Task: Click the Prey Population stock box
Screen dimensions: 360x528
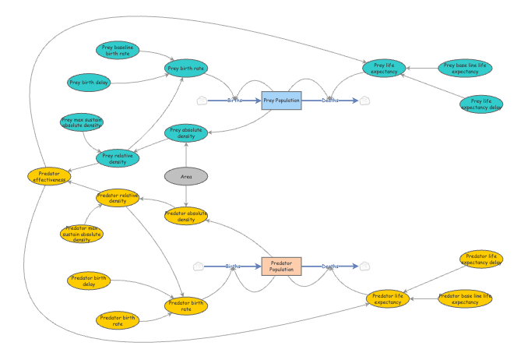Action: click(x=281, y=100)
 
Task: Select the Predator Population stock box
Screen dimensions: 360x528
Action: click(x=281, y=266)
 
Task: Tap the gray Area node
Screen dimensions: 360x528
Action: click(x=186, y=177)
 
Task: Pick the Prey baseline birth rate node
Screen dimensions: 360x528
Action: click(x=119, y=51)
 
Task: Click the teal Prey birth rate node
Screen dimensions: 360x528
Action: click(x=186, y=69)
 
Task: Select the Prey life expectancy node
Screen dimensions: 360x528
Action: click(x=385, y=68)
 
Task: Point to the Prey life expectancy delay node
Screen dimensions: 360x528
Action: click(x=481, y=104)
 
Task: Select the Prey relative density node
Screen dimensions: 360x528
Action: click(x=118, y=158)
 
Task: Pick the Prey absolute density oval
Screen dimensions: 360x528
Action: click(x=186, y=133)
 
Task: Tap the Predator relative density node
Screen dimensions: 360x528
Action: click(x=118, y=197)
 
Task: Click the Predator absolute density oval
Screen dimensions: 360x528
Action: click(x=186, y=216)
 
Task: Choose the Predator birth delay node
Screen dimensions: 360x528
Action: click(x=88, y=281)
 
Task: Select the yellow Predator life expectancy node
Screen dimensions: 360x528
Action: click(x=388, y=298)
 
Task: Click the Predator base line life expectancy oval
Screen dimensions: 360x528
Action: click(x=465, y=298)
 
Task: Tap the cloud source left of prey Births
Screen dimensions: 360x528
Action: click(x=201, y=100)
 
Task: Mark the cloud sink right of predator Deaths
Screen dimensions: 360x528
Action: click(x=364, y=266)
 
